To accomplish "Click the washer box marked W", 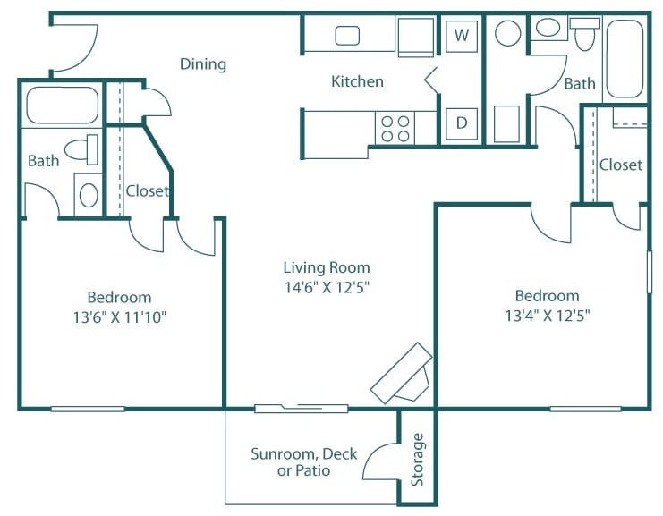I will click(x=462, y=36).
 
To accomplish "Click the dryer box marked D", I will click(x=462, y=123).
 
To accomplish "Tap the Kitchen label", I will click(x=357, y=81).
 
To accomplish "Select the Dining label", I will click(x=203, y=64).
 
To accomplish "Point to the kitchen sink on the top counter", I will click(x=347, y=36).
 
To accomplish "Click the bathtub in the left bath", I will click(x=62, y=106).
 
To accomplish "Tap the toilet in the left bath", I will click(x=82, y=149).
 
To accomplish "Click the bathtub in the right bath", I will click(x=625, y=59).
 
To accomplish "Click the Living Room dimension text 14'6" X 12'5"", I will click(x=327, y=287).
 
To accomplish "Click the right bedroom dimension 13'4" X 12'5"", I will click(x=547, y=315).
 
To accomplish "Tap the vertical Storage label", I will click(x=417, y=459).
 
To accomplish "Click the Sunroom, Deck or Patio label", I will click(x=304, y=461).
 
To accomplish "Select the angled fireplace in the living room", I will click(x=404, y=374).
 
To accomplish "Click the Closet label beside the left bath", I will click(x=148, y=190).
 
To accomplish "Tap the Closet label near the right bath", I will click(x=621, y=165).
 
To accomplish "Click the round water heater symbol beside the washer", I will click(x=508, y=34).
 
